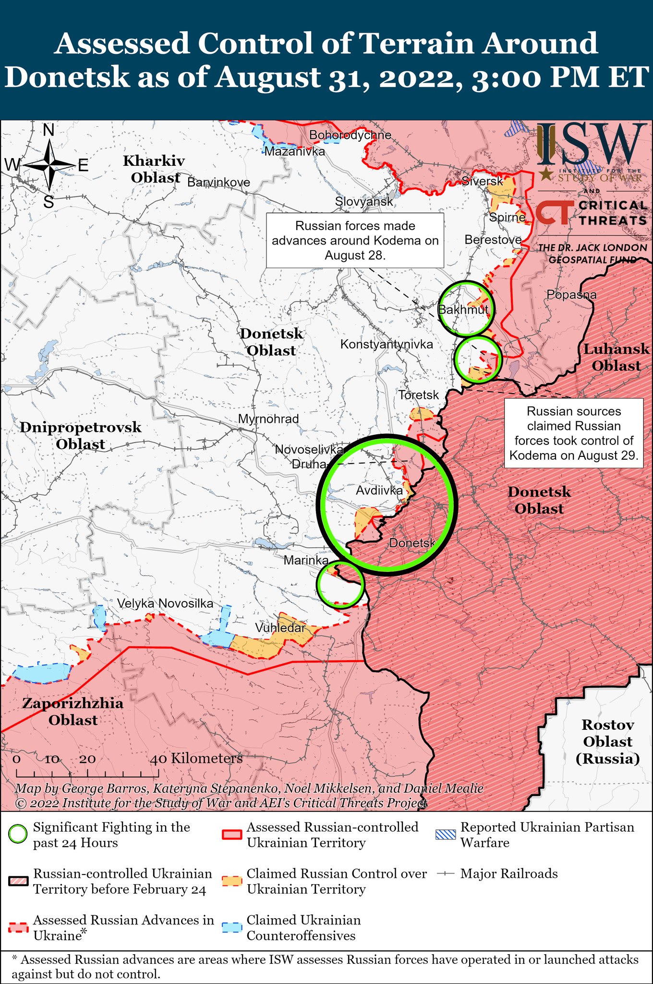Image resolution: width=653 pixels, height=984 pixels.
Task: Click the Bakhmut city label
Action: point(463,310)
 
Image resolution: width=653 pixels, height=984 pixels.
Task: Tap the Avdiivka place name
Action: point(379,491)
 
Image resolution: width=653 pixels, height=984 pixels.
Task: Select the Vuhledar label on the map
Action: point(280,628)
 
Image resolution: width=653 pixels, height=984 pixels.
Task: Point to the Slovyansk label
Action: point(364,202)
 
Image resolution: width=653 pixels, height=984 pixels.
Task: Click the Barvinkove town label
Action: point(218,183)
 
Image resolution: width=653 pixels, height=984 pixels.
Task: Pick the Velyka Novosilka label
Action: point(165,603)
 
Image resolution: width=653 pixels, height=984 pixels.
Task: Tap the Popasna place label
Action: point(571,295)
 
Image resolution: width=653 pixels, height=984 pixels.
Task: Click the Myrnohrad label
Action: point(268,419)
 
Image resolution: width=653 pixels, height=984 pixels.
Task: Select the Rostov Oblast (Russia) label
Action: point(607,741)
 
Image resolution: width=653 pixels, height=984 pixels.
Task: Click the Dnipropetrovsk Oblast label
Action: point(81,435)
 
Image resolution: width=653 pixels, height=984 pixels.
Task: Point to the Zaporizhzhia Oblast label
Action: point(73,712)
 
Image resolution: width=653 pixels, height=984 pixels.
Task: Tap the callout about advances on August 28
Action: point(355,240)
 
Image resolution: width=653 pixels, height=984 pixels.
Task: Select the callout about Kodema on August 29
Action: point(573,433)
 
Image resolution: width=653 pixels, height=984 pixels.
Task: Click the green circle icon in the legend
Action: point(18,835)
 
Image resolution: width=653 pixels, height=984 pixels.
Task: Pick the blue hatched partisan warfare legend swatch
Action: point(445,835)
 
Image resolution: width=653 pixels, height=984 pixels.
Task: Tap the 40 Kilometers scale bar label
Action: point(197,759)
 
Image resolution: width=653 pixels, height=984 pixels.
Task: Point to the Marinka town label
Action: point(306,560)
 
